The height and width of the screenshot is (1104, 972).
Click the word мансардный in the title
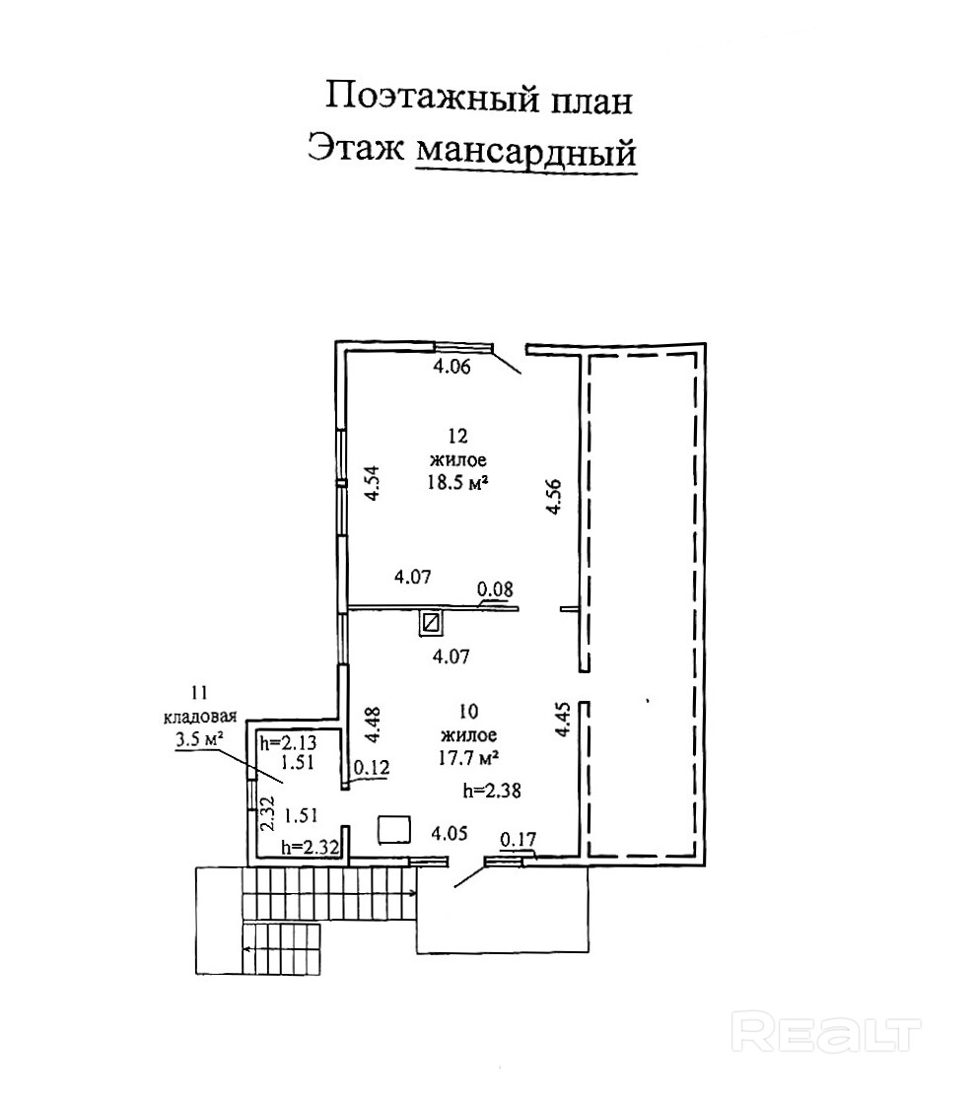click(525, 153)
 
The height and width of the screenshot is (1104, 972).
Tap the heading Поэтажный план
click(478, 99)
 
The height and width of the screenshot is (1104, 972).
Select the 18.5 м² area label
click(459, 483)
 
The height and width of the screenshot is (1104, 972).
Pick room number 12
click(455, 436)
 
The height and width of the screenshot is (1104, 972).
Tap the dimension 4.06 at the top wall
click(455, 369)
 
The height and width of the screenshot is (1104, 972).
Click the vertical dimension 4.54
click(373, 485)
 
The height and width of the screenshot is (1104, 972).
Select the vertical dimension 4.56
click(555, 498)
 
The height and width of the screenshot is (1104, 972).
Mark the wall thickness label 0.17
click(518, 840)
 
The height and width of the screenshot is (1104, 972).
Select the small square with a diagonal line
click(431, 622)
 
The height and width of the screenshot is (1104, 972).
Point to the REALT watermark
click(829, 1035)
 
